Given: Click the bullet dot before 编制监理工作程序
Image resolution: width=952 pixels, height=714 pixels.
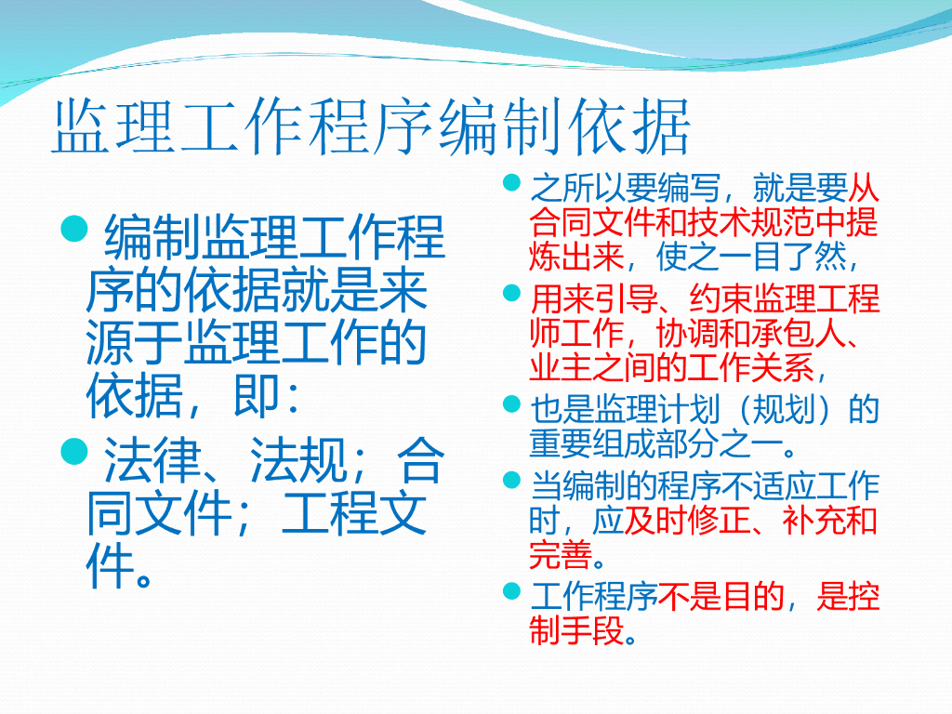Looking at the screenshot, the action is pos(74,230).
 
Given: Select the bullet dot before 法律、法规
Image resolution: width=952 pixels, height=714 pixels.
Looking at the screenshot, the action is pos(74,452).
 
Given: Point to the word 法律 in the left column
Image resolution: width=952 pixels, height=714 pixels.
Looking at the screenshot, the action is pos(152,460).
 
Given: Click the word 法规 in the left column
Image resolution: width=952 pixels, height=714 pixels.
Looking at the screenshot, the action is pos(298,460).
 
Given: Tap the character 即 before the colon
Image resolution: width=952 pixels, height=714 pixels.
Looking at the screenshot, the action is pos(257,395).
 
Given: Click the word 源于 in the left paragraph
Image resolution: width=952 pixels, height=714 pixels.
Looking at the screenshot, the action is pos(134,342).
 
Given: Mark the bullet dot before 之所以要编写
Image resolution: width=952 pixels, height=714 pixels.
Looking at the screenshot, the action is pos(512,182).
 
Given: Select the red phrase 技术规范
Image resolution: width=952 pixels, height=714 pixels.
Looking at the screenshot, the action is pos(751,222).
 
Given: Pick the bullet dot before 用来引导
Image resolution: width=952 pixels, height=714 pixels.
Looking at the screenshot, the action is pos(512,293).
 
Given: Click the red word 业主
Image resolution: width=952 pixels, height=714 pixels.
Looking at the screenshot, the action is pos(561,367).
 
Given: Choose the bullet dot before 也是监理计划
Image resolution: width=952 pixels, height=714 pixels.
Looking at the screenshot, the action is pos(512,403).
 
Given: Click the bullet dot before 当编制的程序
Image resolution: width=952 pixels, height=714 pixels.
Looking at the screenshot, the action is pos(512,481).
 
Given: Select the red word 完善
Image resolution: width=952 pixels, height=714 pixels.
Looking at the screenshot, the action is pos(561,554).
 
